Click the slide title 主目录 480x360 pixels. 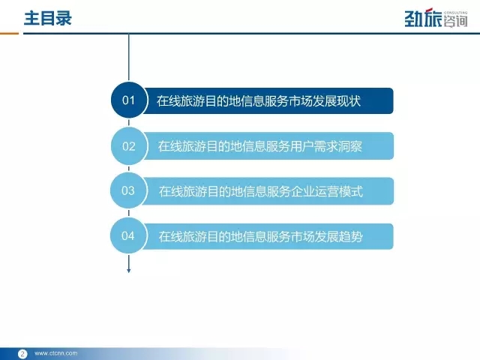point(48,18)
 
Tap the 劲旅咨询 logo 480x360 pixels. point(436,18)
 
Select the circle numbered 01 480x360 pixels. point(129,100)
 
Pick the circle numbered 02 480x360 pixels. point(129,146)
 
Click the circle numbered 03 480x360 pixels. point(128,190)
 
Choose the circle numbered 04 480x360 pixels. point(128,235)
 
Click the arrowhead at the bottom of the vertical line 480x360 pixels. point(128,271)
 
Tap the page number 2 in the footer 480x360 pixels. point(22,354)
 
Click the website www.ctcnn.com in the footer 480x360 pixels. point(56,353)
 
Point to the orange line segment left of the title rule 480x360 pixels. point(9,33)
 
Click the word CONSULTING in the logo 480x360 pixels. point(455,13)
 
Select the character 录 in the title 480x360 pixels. point(64,18)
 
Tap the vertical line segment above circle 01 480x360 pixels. point(128,58)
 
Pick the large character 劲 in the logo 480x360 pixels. point(414,19)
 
